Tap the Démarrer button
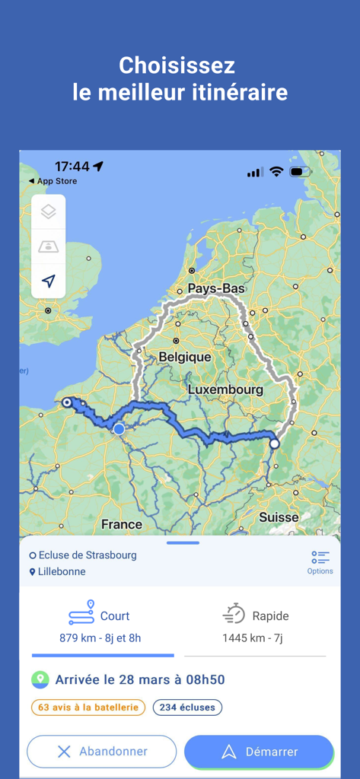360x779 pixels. [259, 752]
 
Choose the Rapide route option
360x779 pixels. [256, 625]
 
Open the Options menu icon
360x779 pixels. [320, 561]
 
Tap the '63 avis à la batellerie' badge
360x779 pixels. [88, 707]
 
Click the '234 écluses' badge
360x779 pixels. [187, 707]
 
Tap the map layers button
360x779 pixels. [49, 212]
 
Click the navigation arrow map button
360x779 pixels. [49, 281]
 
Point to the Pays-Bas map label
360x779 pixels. [216, 289]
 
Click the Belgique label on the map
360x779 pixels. [184, 357]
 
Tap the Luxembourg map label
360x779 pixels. [225, 389]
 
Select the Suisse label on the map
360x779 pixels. [279, 517]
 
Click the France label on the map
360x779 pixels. [122, 524]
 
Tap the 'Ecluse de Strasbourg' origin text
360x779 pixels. [88, 555]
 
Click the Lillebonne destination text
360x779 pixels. [62, 571]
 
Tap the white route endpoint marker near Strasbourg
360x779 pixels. [275, 444]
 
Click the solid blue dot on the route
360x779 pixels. [119, 429]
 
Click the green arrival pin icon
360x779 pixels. [40, 679]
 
